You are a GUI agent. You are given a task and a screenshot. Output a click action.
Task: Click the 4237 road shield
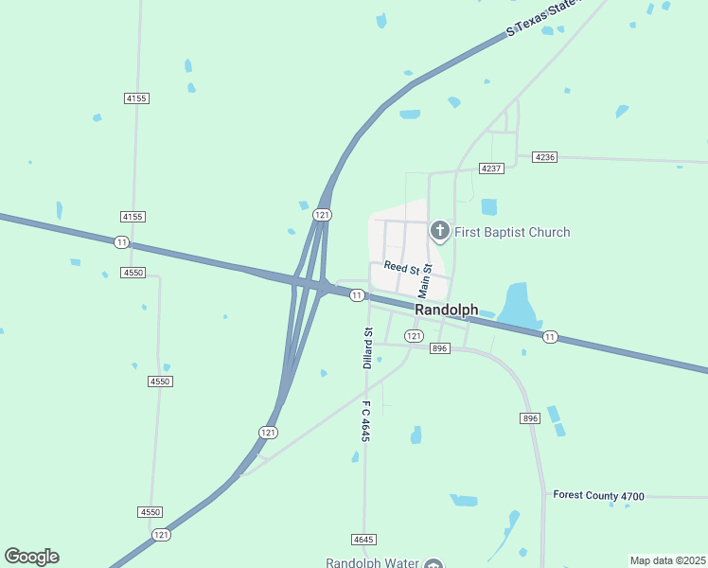(x=490, y=168)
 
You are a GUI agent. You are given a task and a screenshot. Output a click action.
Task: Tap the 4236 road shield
(x=544, y=156)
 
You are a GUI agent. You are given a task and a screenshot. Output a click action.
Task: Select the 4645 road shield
(x=363, y=539)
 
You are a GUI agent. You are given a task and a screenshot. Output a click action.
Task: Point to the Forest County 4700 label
(x=598, y=495)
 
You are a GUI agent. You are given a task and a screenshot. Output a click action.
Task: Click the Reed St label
(x=401, y=268)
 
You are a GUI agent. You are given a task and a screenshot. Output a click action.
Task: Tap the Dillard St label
(x=368, y=347)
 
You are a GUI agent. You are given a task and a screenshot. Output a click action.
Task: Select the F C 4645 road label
(x=364, y=420)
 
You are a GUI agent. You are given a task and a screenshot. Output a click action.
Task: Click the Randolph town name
(x=446, y=310)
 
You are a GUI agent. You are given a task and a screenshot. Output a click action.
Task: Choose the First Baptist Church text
(x=512, y=232)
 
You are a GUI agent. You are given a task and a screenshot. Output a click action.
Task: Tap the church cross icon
(x=439, y=230)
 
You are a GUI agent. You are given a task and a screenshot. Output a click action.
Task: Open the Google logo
(x=31, y=557)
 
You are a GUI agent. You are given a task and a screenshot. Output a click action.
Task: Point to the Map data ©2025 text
(x=668, y=560)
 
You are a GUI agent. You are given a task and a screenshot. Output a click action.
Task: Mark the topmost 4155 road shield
(x=136, y=98)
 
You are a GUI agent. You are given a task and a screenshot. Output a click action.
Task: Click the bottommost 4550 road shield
(x=150, y=511)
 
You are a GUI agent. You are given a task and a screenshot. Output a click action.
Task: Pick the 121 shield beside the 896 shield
(x=414, y=336)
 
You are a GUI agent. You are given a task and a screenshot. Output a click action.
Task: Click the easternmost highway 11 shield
(x=550, y=336)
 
